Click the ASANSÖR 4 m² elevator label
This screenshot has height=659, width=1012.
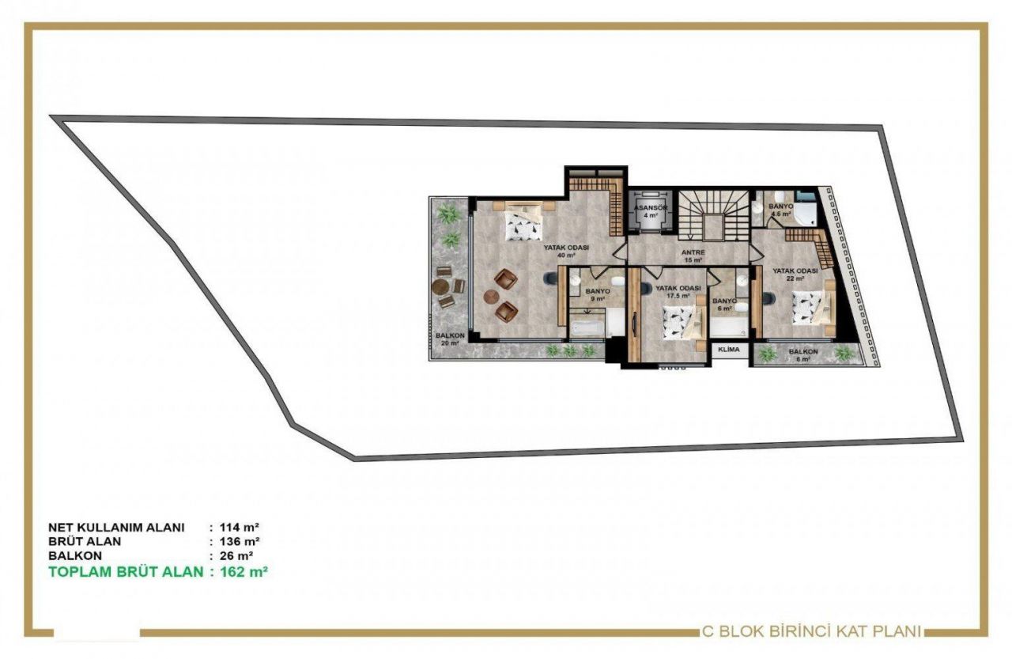point(651,211)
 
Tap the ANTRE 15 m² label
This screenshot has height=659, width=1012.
point(694,256)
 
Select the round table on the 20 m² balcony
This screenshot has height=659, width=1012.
point(443,286)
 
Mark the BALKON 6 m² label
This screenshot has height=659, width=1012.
point(802,354)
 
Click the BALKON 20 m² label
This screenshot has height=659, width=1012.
point(450,339)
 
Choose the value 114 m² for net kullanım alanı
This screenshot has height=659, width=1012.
point(240,527)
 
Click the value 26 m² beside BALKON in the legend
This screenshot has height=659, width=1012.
point(237,556)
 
